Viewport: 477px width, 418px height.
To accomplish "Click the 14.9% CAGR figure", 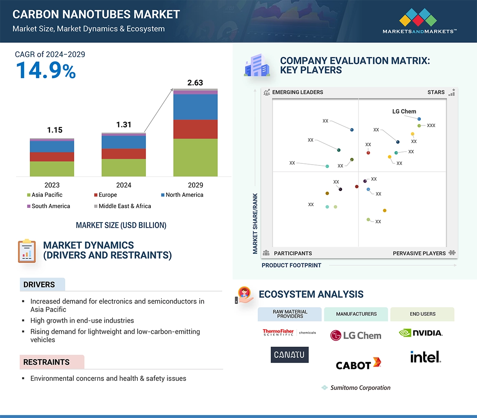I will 46,70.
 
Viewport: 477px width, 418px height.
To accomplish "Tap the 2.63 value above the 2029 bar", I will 195,83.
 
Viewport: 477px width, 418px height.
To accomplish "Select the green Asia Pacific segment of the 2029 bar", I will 195,157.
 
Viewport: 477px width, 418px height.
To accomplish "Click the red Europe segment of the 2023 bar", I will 52,157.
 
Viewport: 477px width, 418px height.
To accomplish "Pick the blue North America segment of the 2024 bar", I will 124,142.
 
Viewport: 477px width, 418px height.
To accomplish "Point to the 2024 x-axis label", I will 124,185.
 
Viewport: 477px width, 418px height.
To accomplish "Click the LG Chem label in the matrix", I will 404,111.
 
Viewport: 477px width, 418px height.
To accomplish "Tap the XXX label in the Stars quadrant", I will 431,125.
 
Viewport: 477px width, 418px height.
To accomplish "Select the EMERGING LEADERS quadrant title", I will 297,92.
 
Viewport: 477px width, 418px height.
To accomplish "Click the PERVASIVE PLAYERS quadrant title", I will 419,253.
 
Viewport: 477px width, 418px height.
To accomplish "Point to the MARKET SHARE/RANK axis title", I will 255,223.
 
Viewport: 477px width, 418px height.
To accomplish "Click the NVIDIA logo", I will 421,333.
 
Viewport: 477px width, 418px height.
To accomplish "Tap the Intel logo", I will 425,357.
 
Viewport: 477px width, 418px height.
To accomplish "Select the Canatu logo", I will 289,355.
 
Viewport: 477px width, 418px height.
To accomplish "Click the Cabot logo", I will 358,364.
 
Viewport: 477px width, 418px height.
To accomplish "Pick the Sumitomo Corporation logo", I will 356,388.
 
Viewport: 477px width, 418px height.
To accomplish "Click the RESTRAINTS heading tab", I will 46,362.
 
